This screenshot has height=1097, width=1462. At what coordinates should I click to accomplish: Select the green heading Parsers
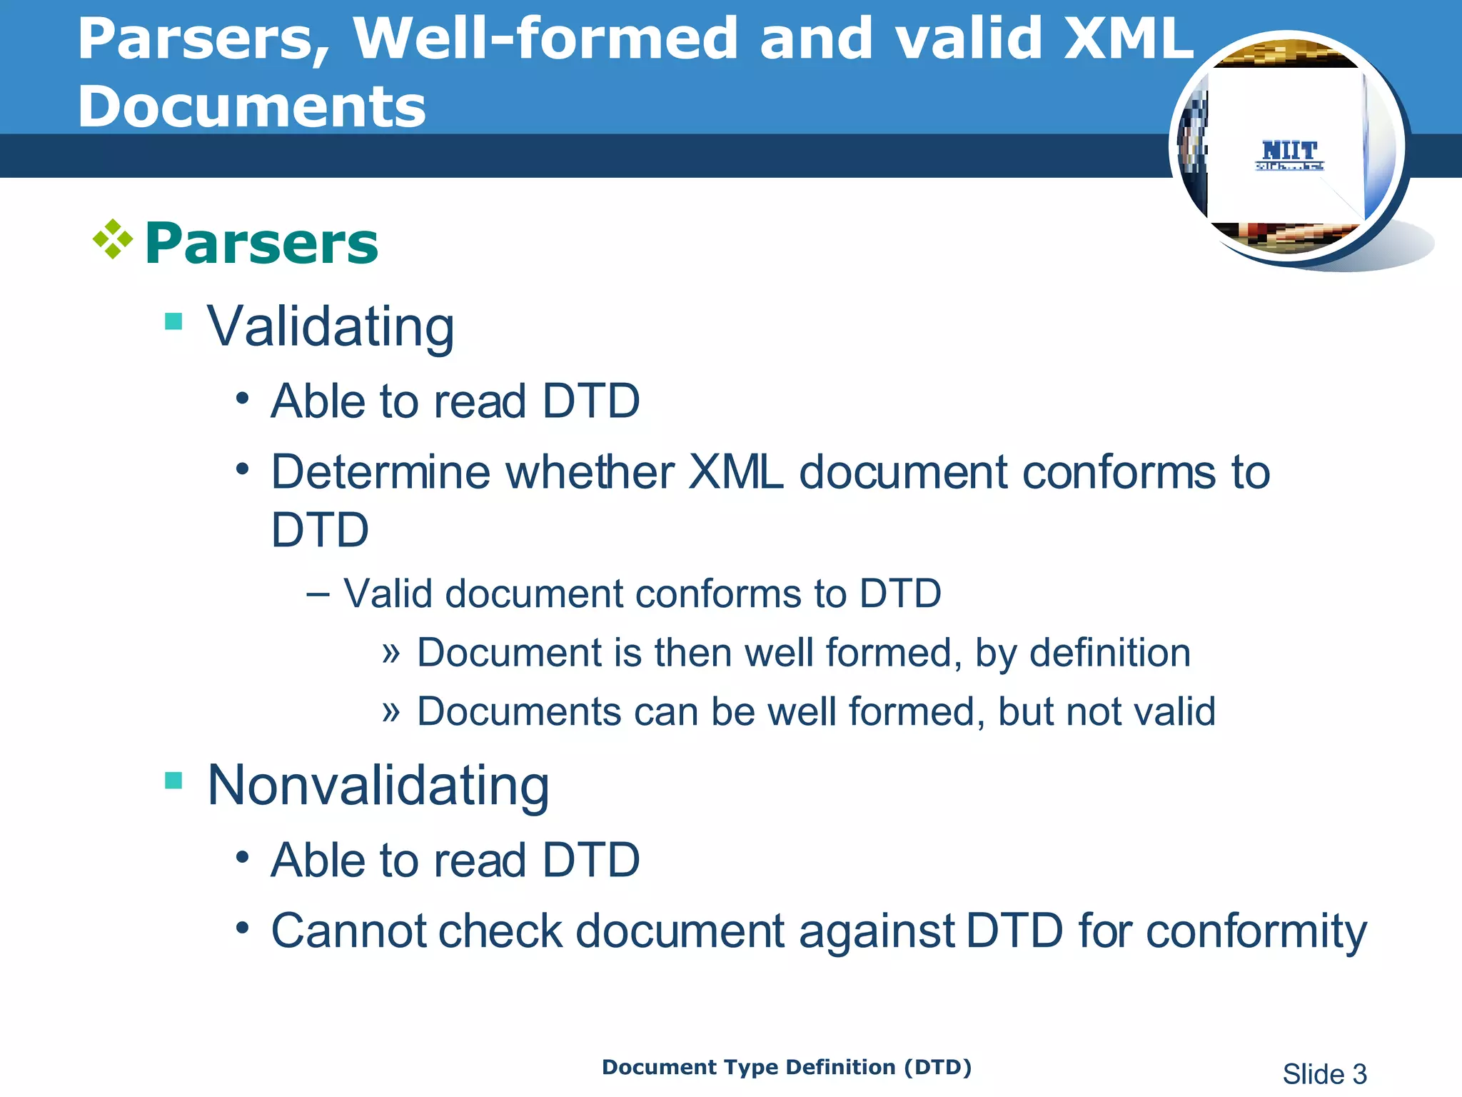261,244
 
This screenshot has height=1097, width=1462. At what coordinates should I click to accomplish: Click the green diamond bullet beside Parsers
113,239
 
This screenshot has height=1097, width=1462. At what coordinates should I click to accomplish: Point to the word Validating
331,327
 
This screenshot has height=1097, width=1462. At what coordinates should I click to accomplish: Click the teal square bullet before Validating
173,321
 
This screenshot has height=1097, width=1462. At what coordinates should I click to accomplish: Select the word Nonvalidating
378,786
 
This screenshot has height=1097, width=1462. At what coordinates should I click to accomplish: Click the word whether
590,473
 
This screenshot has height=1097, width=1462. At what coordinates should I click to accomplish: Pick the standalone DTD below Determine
320,531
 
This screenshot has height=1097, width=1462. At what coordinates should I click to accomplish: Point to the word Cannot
347,931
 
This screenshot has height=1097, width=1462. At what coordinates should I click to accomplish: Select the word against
877,931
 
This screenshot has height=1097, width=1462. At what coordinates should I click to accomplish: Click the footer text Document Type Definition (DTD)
787,1067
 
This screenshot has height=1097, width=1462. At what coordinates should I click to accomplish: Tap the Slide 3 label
1324,1074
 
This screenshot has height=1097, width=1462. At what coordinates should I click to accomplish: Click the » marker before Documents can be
390,711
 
